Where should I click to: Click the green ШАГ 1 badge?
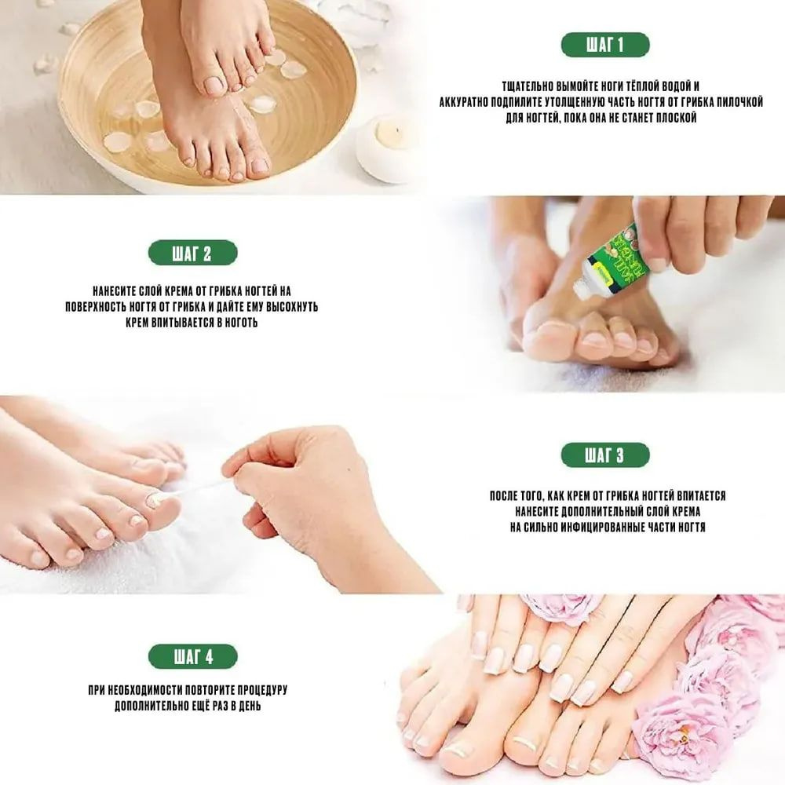(605, 45)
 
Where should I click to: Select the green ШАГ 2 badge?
(193, 253)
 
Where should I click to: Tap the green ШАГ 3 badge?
(605, 455)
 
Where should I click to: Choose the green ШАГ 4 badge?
(193, 656)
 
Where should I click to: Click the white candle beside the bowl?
(386, 148)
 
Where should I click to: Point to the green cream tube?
(613, 257)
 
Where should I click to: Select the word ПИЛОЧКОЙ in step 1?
(740, 103)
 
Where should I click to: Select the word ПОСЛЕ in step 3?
(502, 496)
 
